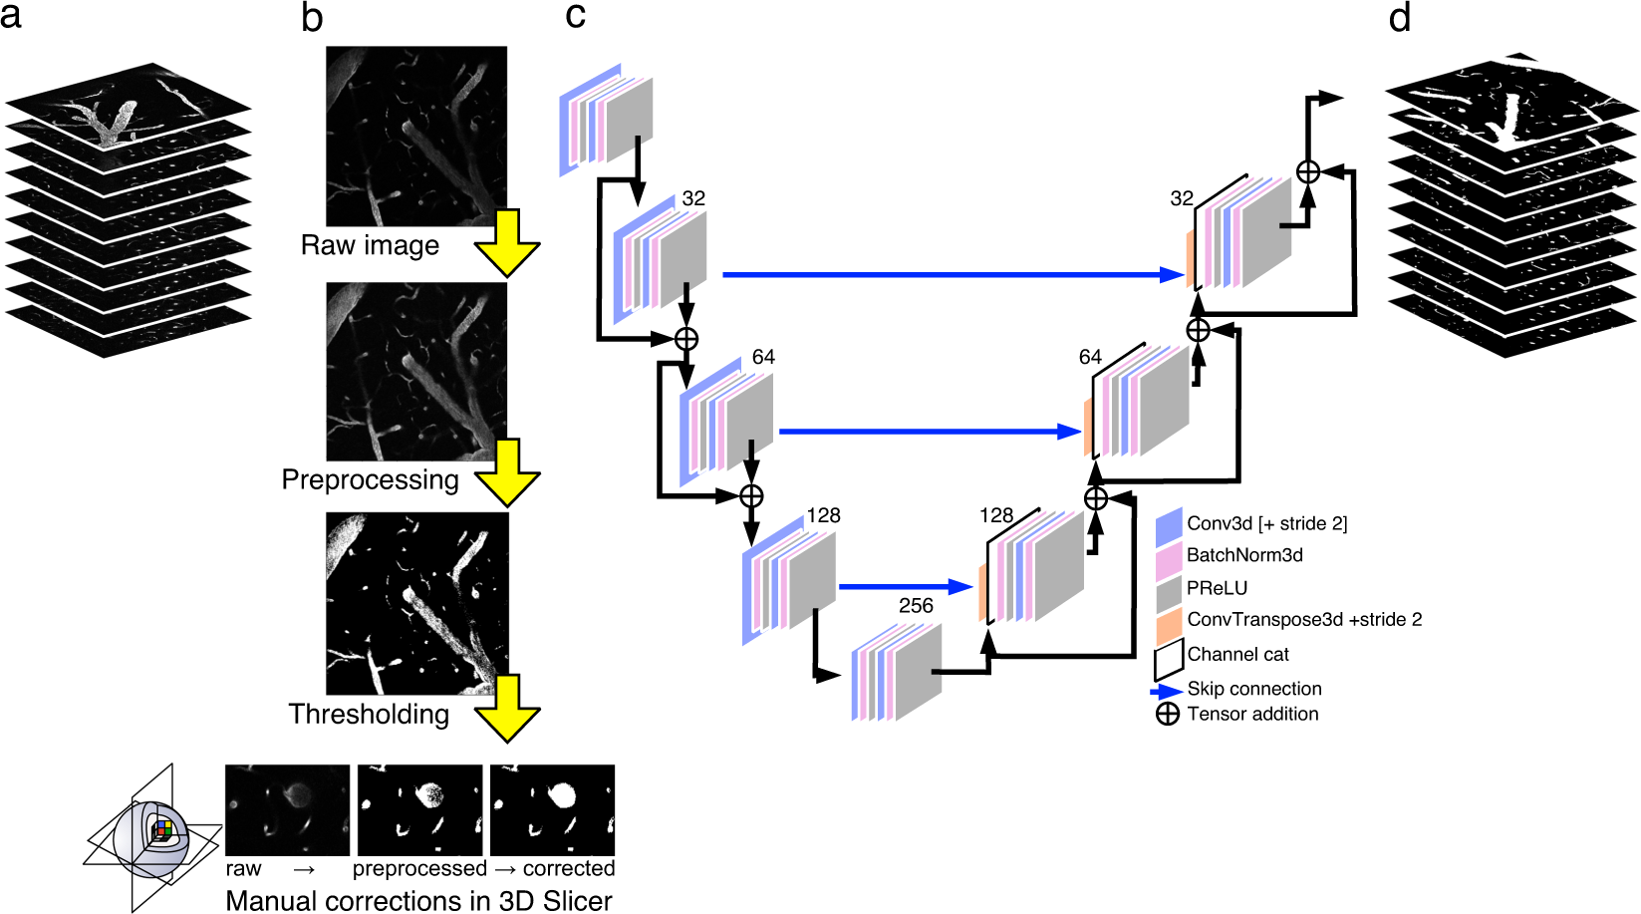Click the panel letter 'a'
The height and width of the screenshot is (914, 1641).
[11, 16]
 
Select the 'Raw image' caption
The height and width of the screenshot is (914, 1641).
[370, 245]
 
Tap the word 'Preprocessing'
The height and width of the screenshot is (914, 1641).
[370, 479]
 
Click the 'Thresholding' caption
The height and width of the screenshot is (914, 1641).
[369, 714]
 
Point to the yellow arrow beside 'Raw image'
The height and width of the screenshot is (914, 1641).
[507, 244]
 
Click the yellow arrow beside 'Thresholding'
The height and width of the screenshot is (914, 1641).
[507, 709]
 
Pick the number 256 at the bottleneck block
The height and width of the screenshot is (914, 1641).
[916, 605]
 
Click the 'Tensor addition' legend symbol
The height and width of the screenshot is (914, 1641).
[1168, 714]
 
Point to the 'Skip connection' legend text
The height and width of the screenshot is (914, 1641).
[1253, 689]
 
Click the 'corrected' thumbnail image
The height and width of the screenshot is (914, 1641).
[552, 809]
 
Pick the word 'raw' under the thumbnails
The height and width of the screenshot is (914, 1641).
[243, 869]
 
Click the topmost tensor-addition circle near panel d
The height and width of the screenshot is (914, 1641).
[1308, 171]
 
